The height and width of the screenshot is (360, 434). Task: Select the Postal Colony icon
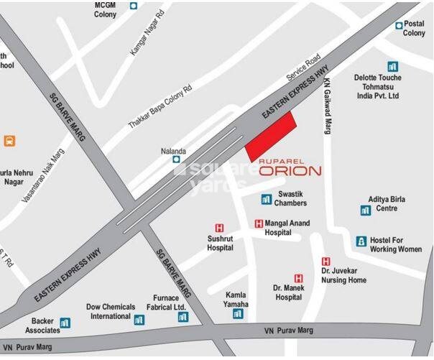pyautogui.click(x=400, y=25)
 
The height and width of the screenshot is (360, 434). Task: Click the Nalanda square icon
pyautogui.click(x=177, y=160)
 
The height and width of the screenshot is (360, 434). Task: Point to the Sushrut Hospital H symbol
pyautogui.click(x=220, y=228)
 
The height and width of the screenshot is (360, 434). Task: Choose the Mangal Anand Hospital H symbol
pyautogui.click(x=259, y=223)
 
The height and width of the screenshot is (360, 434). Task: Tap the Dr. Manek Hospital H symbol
pyautogui.click(x=299, y=278)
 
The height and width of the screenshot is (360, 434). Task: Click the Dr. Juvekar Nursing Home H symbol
pyautogui.click(x=325, y=262)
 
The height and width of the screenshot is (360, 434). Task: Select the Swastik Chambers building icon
pyautogui.click(x=266, y=198)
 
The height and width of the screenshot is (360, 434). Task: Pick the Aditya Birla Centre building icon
pyautogui.click(x=366, y=210)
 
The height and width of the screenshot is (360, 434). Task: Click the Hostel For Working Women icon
pyautogui.click(x=361, y=241)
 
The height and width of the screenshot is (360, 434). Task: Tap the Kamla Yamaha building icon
pyautogui.click(x=238, y=313)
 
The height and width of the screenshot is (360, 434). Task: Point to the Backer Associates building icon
pyautogui.click(x=65, y=323)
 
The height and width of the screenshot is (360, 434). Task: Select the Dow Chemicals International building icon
pyautogui.click(x=139, y=319)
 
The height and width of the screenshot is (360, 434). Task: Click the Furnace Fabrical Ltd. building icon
pyautogui.click(x=183, y=317)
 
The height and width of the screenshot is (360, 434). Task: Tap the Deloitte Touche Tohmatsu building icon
pyautogui.click(x=392, y=66)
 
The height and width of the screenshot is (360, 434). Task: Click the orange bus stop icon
pyautogui.click(x=9, y=141)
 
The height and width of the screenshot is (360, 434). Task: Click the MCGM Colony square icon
pyautogui.click(x=134, y=6)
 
